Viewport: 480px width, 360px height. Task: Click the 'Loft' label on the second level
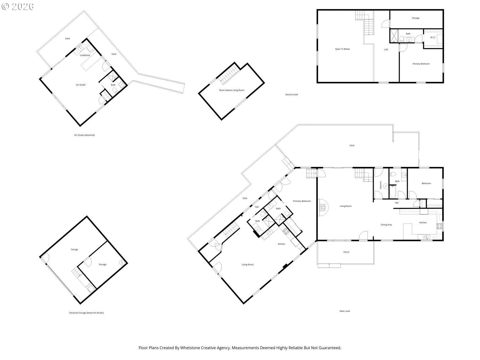coord(386,50)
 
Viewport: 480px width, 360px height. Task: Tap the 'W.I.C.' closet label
coord(433,37)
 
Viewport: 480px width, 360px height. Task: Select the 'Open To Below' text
coord(342,49)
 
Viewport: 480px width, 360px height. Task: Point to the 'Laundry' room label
coord(381,185)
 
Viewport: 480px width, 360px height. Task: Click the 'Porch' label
coord(346,252)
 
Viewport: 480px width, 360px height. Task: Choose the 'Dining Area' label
coord(386,225)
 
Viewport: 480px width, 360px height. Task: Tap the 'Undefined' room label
coord(85,55)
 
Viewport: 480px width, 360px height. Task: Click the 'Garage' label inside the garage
coord(74,250)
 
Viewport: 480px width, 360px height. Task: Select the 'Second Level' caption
coord(291,94)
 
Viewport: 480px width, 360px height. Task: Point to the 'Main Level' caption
coord(345,311)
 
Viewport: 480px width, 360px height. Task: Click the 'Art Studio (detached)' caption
coord(84,135)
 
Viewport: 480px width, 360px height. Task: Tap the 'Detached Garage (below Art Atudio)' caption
coord(86,313)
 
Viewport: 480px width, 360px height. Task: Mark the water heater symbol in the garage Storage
coord(122,262)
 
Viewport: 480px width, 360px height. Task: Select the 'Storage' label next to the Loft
coord(416,18)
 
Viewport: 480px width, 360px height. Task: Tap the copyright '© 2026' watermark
coord(18,7)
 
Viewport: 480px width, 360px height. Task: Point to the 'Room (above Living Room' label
coord(232,90)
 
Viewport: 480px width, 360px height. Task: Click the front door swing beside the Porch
coord(363,236)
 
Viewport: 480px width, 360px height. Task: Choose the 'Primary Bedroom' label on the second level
coord(421,64)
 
